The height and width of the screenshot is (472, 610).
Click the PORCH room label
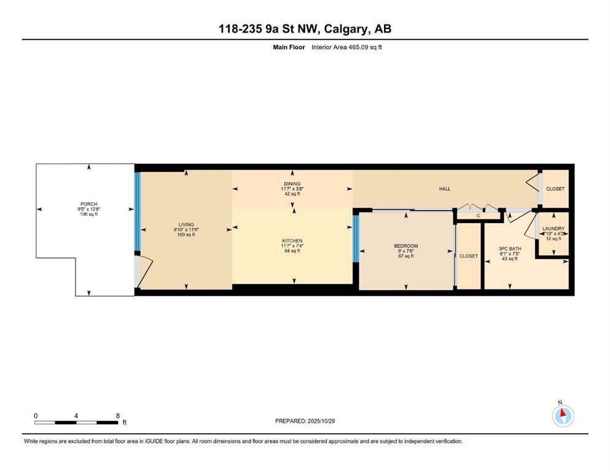coord(89,204)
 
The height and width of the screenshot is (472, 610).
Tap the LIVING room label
coord(186,225)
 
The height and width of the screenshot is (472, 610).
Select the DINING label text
coord(292,184)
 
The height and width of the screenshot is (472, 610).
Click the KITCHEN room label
coord(292,240)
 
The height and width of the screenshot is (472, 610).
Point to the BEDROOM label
coord(406,246)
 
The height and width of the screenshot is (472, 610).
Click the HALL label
coord(445,189)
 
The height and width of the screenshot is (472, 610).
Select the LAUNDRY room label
coord(553,229)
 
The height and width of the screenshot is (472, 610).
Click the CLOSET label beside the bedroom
coord(469,256)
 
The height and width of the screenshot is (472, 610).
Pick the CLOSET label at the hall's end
coord(555,189)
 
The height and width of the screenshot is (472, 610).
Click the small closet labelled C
coord(478,216)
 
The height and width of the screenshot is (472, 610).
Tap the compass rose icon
coord(562,415)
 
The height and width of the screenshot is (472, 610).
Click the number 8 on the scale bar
coord(117,415)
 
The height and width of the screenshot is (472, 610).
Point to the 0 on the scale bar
coord(36,415)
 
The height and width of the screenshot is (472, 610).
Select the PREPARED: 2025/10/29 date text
coord(305,421)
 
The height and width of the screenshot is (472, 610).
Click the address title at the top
coord(305,29)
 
